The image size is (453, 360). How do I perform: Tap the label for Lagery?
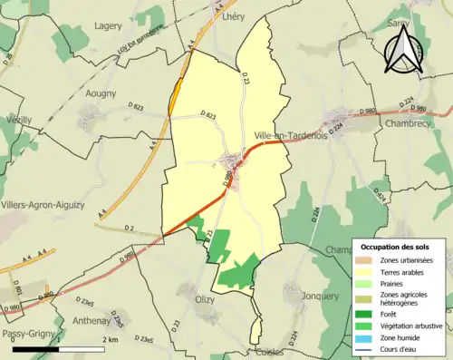108,26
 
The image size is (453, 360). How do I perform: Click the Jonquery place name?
320,296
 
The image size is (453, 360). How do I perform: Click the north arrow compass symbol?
407,48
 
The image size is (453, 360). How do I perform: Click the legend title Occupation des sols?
397,247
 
